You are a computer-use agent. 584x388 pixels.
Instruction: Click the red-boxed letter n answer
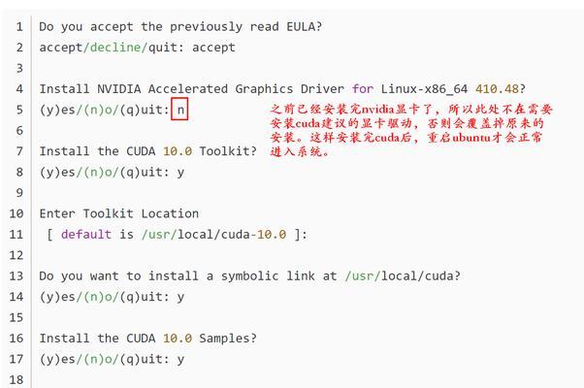[x=180, y=110]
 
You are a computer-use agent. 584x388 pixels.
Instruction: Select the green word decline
[x=115, y=48]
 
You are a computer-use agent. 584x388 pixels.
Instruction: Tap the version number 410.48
[x=498, y=89]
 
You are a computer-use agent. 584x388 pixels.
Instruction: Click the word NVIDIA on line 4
[x=119, y=89]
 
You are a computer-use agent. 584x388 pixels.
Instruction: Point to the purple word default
[x=86, y=234]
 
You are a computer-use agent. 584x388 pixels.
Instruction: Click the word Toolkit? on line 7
[x=228, y=151]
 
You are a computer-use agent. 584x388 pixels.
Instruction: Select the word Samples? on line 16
[x=228, y=339]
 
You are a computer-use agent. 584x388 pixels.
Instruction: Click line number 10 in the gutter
[x=16, y=213]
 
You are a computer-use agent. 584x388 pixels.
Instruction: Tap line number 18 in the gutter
[x=16, y=380]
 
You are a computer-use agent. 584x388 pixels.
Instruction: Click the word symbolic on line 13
[x=249, y=275]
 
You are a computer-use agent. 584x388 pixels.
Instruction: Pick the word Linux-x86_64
[x=424, y=89]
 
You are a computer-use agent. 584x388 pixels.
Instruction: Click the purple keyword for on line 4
[x=363, y=89]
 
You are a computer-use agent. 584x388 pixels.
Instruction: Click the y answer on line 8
[x=180, y=173]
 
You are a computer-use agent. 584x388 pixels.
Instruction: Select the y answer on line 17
[x=180, y=360]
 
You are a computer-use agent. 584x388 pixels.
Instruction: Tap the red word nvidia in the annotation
[x=377, y=110]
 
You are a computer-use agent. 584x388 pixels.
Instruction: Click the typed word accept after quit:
[x=213, y=48]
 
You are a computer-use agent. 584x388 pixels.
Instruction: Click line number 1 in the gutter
[x=19, y=27]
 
